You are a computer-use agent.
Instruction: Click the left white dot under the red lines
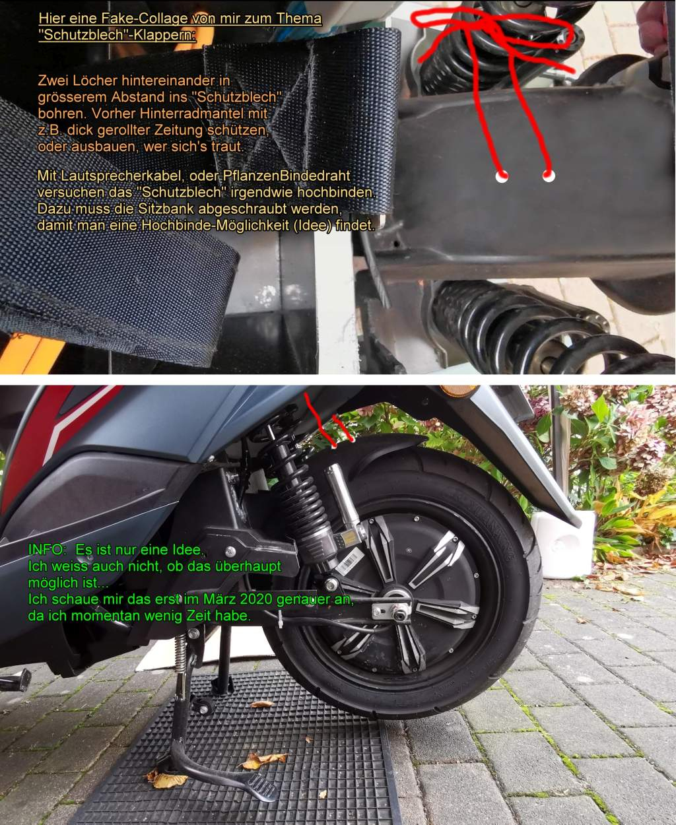(x=502, y=176)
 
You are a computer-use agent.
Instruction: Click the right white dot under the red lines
(x=549, y=176)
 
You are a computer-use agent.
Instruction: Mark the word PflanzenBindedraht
(x=286, y=176)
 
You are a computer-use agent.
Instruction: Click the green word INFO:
(x=48, y=549)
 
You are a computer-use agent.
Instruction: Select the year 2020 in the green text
(x=253, y=599)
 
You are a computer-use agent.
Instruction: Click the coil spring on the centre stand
(x=180, y=651)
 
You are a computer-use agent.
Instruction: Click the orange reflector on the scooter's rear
(x=458, y=392)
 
